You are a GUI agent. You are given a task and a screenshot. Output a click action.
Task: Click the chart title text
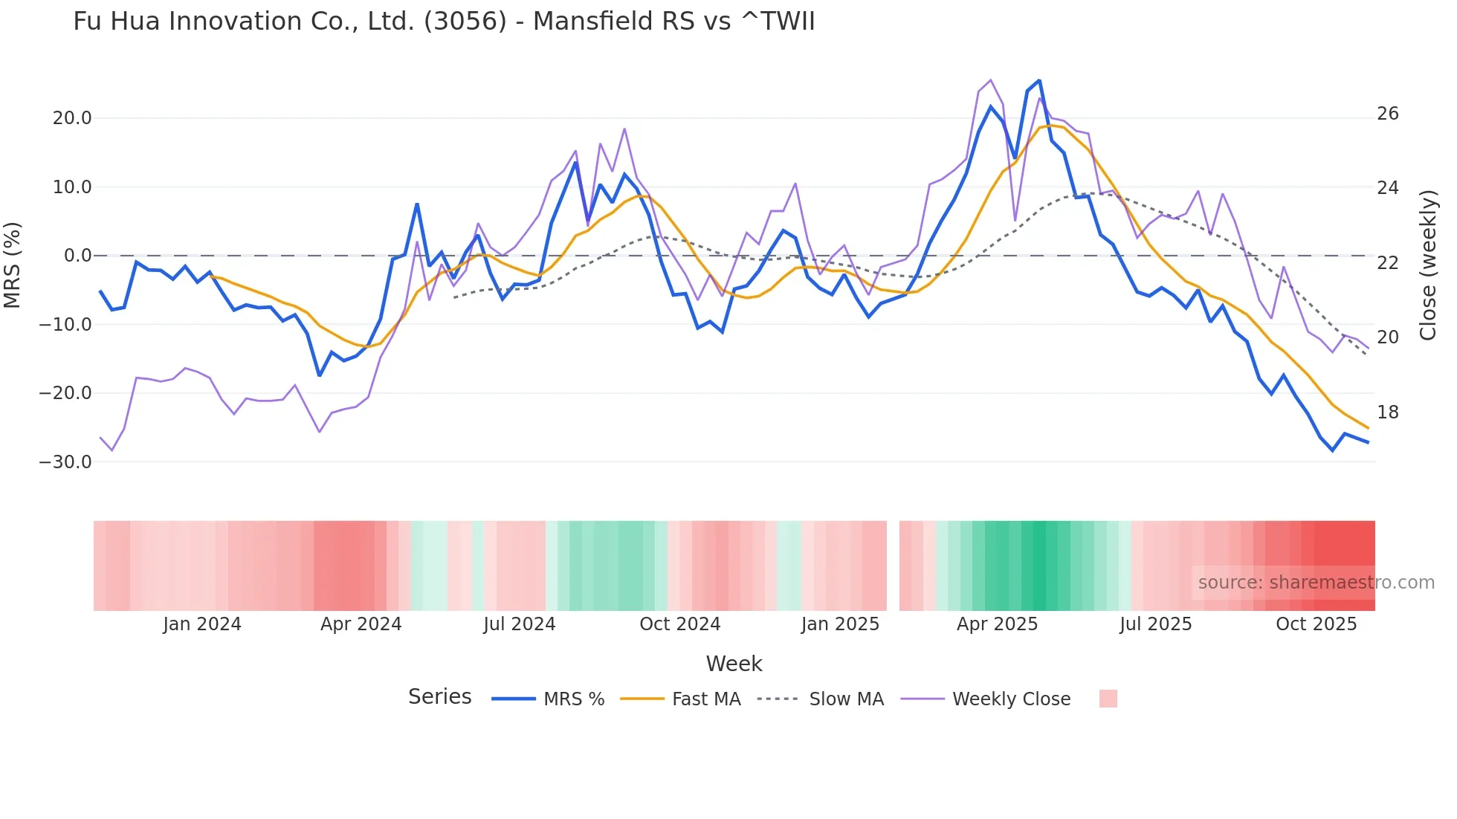pyautogui.click(x=444, y=22)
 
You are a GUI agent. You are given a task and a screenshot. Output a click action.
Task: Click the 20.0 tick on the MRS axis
pyautogui.click(x=72, y=118)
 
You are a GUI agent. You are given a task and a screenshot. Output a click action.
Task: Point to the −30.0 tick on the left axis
pyautogui.click(x=66, y=462)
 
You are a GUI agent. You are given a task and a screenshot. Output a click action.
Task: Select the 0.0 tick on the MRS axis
pyautogui.click(x=78, y=256)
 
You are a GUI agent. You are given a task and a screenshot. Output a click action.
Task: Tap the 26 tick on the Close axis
pyautogui.click(x=1387, y=114)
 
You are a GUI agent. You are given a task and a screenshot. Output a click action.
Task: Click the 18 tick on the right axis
pyautogui.click(x=1387, y=412)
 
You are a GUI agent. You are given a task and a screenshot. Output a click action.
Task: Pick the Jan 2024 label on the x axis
pyautogui.click(x=202, y=624)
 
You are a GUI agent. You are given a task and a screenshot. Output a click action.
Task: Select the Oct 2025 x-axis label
pyautogui.click(x=1316, y=624)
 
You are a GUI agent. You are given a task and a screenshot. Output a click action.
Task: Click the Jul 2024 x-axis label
pyautogui.click(x=520, y=624)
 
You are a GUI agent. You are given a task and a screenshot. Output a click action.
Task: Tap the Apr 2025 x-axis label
pyautogui.click(x=997, y=624)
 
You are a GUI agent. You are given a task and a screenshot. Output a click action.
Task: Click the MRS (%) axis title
pyautogui.click(x=13, y=265)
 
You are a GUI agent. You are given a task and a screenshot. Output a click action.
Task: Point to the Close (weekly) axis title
pyautogui.click(x=1427, y=265)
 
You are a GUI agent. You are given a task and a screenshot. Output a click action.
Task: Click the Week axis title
pyautogui.click(x=734, y=664)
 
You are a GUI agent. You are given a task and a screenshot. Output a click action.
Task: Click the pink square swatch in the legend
pyautogui.click(x=1108, y=699)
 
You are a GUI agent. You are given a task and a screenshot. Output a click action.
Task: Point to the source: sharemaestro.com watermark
pyautogui.click(x=1316, y=583)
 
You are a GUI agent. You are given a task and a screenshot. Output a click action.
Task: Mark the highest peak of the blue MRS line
pyautogui.click(x=1038, y=80)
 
